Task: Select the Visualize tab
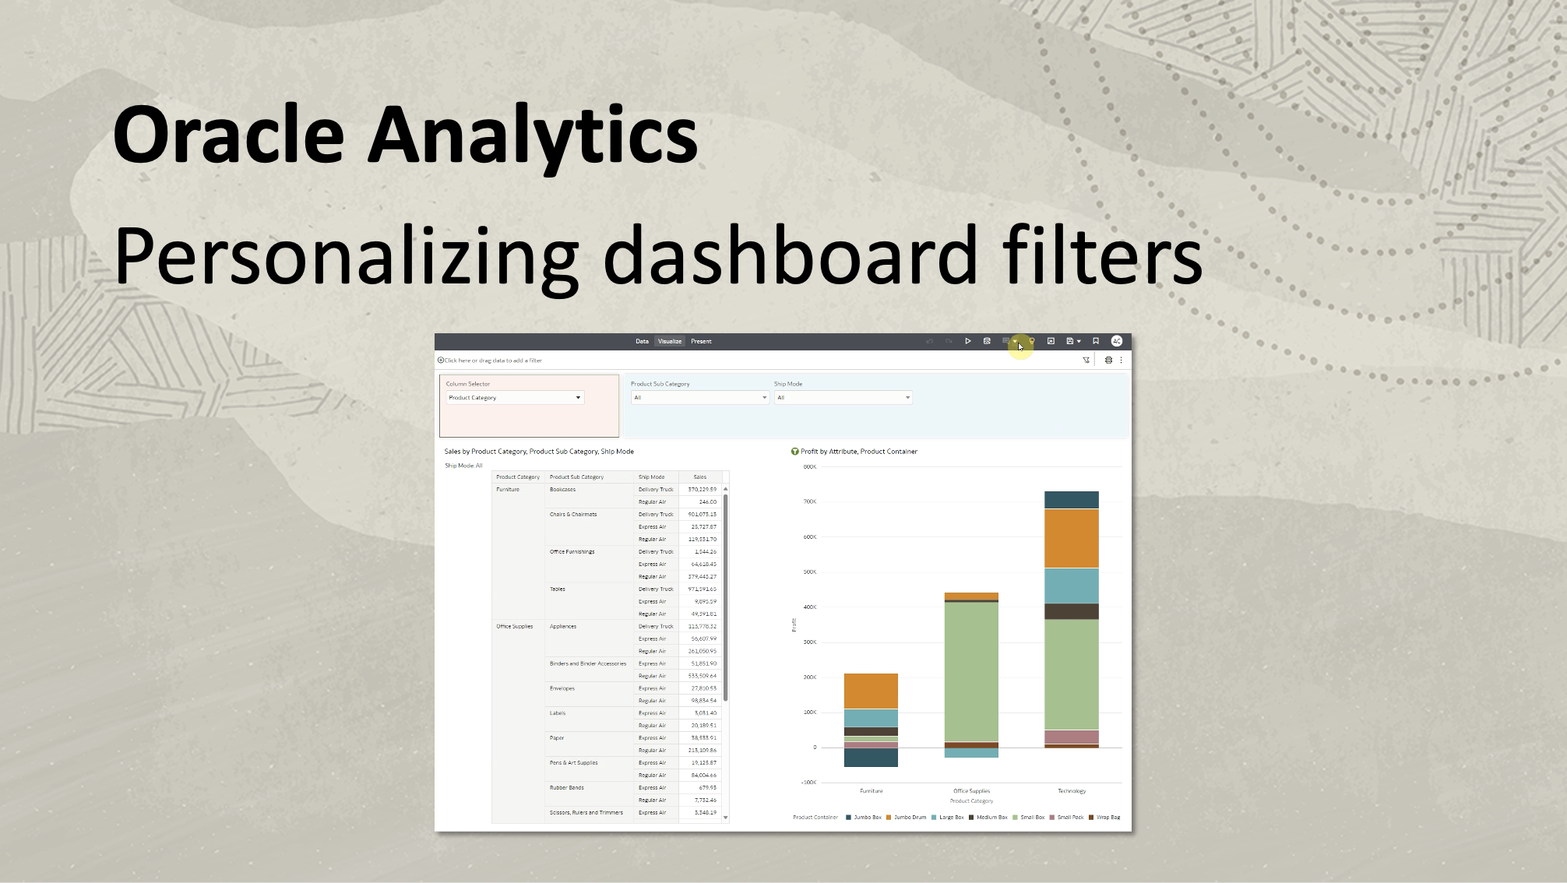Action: point(669,341)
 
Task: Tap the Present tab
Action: point(701,341)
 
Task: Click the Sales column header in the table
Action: point(699,477)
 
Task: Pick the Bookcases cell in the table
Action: point(562,490)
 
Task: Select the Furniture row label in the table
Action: point(508,490)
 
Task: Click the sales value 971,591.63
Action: point(702,589)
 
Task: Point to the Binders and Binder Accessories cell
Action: point(587,664)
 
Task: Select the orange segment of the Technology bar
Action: point(1071,538)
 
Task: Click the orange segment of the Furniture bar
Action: point(871,691)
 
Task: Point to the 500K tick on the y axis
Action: point(809,572)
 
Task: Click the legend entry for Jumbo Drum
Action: point(910,818)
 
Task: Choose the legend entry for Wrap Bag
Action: point(1107,818)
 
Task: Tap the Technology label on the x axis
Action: point(1071,791)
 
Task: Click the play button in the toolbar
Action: point(968,341)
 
